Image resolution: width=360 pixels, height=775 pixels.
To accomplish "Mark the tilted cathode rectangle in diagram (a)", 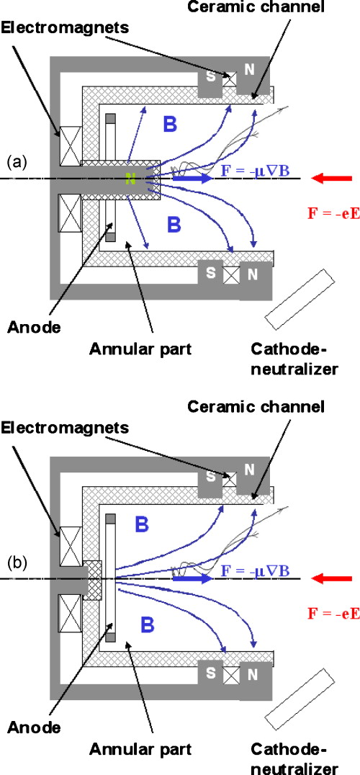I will tap(295, 295).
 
